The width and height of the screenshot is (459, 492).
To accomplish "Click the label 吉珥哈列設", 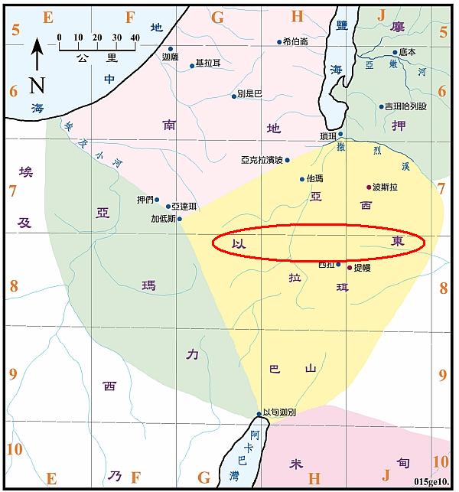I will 405,107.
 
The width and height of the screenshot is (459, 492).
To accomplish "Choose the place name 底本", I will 407,52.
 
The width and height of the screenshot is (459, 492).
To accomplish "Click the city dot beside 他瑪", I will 301,179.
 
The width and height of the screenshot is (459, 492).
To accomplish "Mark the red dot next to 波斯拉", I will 369,187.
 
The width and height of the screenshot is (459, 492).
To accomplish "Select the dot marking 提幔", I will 350,268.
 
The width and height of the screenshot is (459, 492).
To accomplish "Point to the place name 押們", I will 145,200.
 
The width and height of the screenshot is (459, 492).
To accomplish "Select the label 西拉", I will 326,265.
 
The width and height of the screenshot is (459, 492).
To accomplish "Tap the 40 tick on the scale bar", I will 135,37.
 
